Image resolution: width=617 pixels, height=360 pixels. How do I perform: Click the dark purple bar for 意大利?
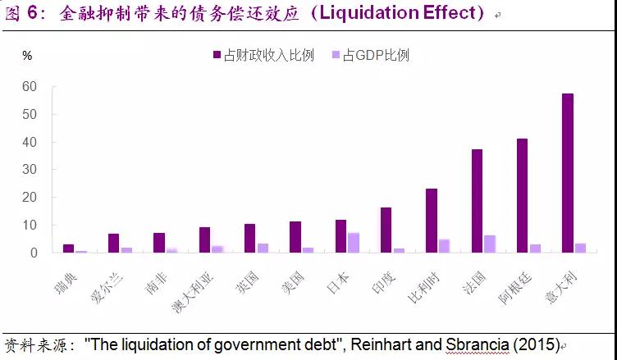coord(567,173)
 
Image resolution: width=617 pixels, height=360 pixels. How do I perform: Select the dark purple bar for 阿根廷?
coord(522,196)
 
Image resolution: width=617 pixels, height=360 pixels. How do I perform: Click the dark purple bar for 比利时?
coord(432,221)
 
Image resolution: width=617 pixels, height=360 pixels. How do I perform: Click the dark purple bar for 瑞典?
coord(68,248)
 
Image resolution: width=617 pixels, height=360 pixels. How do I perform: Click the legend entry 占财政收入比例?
coord(263,55)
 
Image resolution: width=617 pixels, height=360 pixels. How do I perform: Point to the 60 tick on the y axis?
coord(30,86)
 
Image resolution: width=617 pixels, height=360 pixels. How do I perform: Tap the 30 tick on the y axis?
coord(30,170)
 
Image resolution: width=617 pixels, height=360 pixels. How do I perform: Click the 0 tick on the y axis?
coord(33,253)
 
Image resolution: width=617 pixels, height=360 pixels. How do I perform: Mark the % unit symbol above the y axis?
coord(27,56)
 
